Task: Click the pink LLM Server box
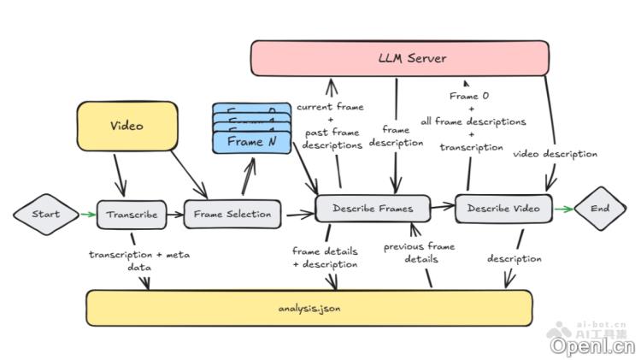click(x=399, y=58)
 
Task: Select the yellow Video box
click(x=126, y=127)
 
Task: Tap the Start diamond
click(x=45, y=214)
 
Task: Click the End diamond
click(x=599, y=208)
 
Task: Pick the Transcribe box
click(x=131, y=214)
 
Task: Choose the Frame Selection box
click(x=232, y=214)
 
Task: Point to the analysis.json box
click(x=309, y=308)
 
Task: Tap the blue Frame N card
click(x=251, y=141)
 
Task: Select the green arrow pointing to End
click(x=563, y=208)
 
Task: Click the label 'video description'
click(x=555, y=154)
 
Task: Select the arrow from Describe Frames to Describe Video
click(x=442, y=206)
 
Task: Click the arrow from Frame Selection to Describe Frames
click(x=298, y=212)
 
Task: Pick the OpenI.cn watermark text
click(x=592, y=345)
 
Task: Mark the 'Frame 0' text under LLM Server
click(x=468, y=97)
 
